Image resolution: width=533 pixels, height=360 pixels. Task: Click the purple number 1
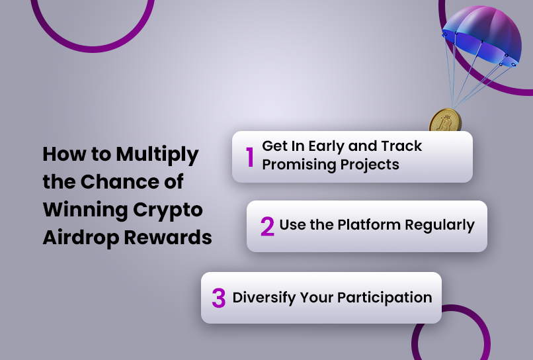coord(250,157)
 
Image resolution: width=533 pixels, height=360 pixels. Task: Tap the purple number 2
coord(268,226)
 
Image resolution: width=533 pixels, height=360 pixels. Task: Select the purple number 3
coord(219,298)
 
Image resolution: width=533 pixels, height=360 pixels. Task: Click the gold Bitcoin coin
coord(445,120)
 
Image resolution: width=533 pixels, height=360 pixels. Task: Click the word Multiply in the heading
coord(157,155)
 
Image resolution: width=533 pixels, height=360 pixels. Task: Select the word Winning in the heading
coord(85,210)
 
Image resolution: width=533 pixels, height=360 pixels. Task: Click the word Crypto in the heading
coord(168,210)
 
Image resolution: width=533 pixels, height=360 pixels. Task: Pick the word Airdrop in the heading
coord(81,238)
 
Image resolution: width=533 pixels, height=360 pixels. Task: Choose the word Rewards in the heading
coord(168,237)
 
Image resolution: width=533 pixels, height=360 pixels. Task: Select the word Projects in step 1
coord(370,165)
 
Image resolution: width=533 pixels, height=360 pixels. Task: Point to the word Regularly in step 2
coord(440,226)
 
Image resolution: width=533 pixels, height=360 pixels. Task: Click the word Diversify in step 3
coord(264,298)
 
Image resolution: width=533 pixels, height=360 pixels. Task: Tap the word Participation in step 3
coord(385,298)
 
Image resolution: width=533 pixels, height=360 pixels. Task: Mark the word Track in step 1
coord(401,146)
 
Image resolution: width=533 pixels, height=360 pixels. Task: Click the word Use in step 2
coord(290,225)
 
